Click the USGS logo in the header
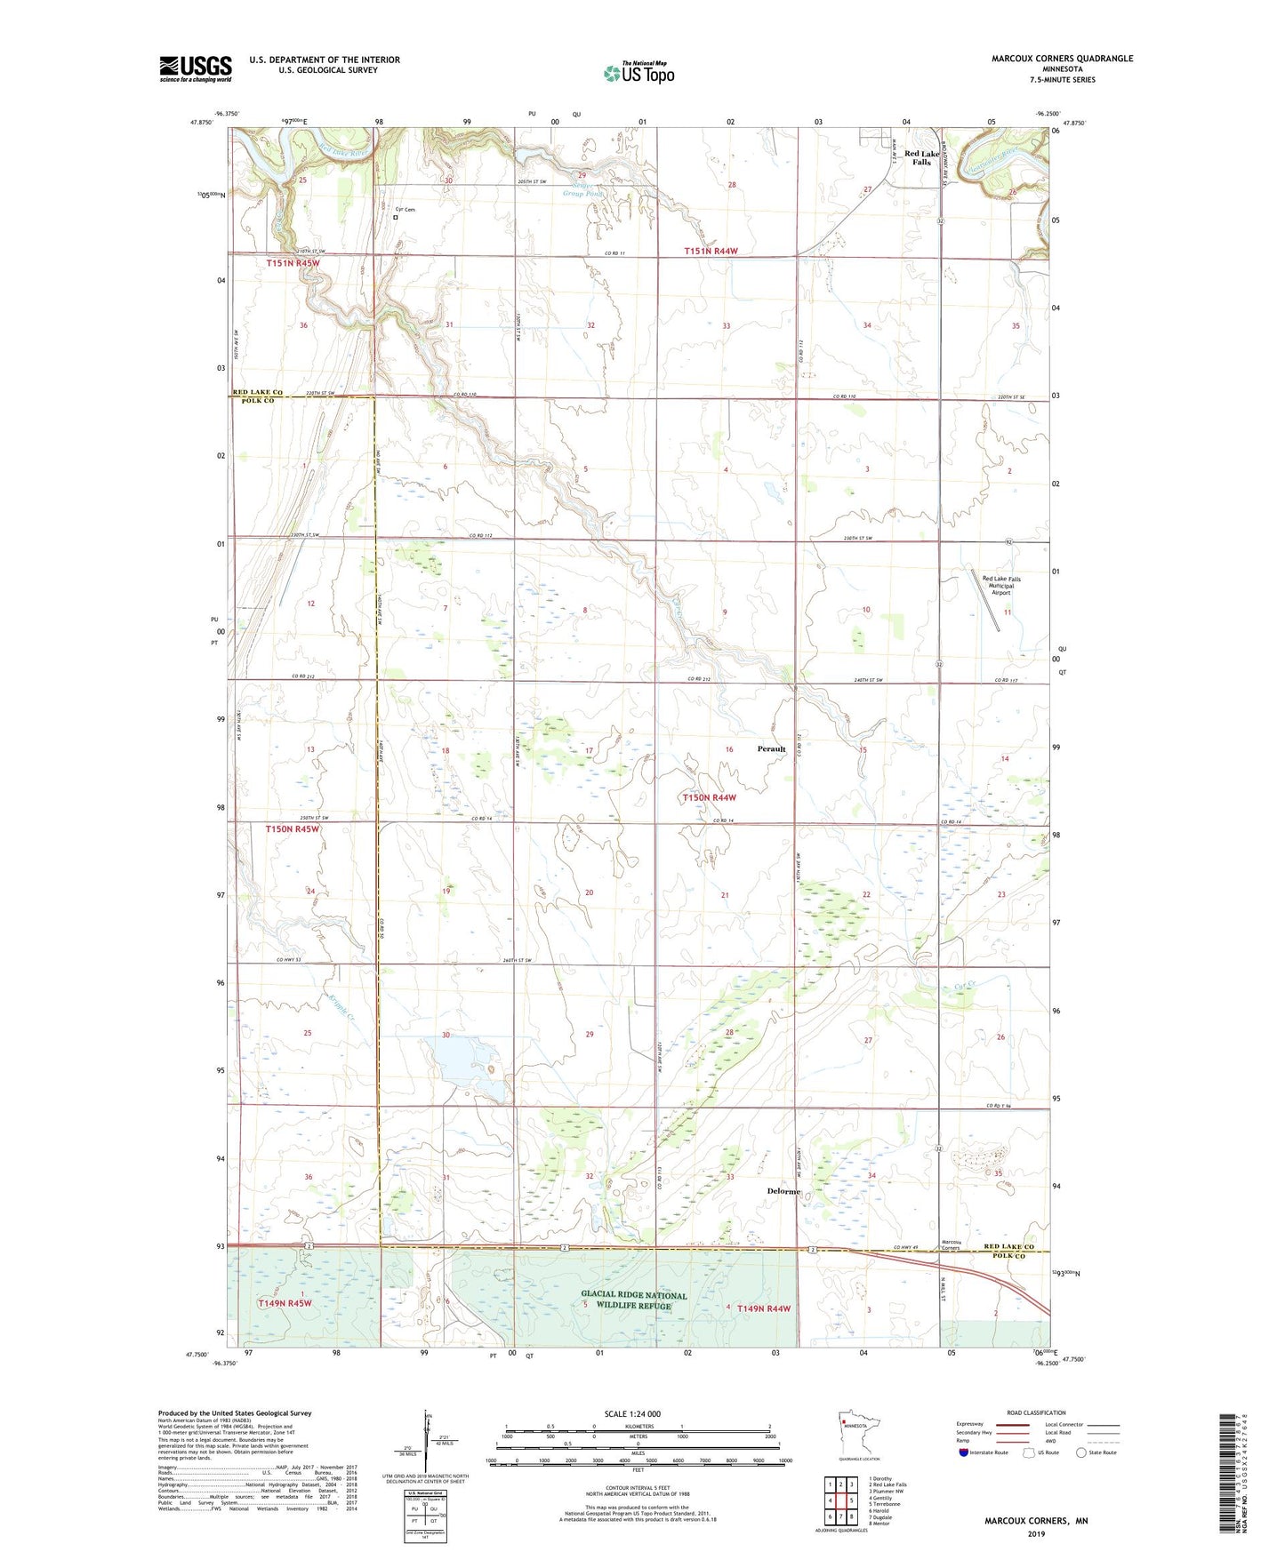click(x=196, y=68)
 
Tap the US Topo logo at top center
click(x=639, y=73)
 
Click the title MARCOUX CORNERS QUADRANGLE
click(x=1062, y=59)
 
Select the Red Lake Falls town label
click(x=921, y=158)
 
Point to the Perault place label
click(x=771, y=749)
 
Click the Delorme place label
click(x=783, y=1191)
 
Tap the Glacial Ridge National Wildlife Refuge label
click(x=634, y=1300)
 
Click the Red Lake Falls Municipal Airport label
click(x=1001, y=585)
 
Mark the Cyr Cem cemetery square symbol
click(x=396, y=217)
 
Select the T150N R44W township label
click(x=709, y=798)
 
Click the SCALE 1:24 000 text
click(x=632, y=1414)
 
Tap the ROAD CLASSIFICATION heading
click(x=1036, y=1412)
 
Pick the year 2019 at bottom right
click(x=1035, y=1534)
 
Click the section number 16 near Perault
click(x=728, y=750)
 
